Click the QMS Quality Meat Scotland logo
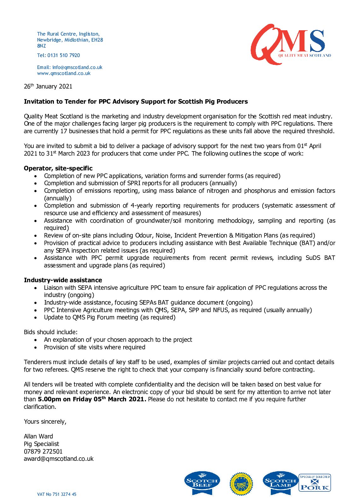(x=290, y=44)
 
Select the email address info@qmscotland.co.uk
(x=77, y=67)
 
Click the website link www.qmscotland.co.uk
(x=64, y=73)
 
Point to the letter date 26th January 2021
(x=48, y=86)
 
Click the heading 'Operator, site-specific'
(x=58, y=168)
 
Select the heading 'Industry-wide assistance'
(x=63, y=280)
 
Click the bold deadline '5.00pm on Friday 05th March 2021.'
(x=92, y=399)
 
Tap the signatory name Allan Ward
(x=38, y=436)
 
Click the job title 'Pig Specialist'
(x=41, y=444)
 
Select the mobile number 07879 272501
(x=43, y=451)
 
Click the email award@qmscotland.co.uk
(x=59, y=459)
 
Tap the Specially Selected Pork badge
(x=315, y=483)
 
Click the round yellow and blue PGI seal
(x=241, y=484)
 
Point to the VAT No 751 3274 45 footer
(x=57, y=494)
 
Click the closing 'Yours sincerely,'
(x=45, y=421)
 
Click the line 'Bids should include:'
(x=50, y=332)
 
